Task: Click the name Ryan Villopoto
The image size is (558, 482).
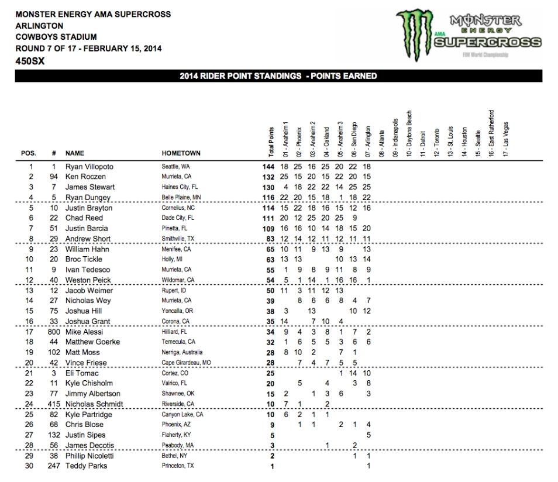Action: (89, 167)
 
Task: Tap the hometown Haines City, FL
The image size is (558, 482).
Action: (180, 187)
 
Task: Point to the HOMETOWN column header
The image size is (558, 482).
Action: (181, 153)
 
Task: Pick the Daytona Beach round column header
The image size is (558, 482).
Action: (409, 133)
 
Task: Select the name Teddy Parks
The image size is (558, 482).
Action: (85, 466)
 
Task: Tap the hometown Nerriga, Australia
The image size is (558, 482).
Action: (182, 353)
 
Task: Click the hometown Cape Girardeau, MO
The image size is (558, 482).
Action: (185, 363)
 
